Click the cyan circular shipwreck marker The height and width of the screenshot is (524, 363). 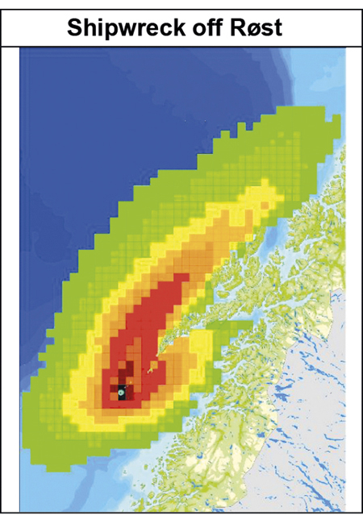pyautogui.click(x=121, y=393)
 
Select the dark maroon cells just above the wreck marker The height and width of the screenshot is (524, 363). pyautogui.click(x=125, y=379)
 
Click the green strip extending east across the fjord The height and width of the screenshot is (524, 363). pyautogui.click(x=234, y=326)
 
